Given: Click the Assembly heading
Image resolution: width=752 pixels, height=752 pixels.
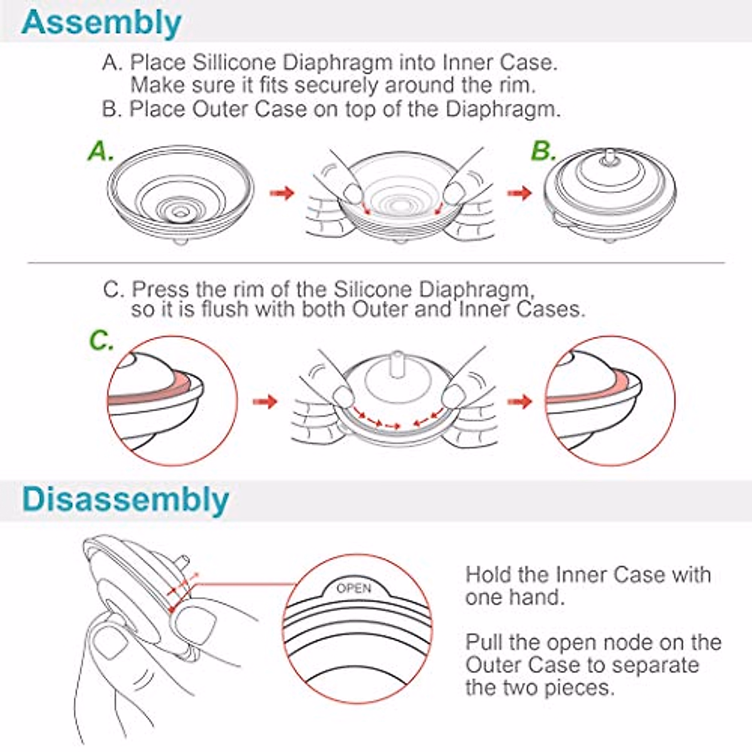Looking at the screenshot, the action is (x=101, y=23).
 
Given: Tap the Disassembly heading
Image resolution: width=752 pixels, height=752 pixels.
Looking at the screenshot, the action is (x=125, y=500).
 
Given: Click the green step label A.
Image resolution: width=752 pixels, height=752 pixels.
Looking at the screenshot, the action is (x=100, y=151).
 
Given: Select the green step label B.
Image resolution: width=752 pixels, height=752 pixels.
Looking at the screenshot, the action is (x=543, y=151).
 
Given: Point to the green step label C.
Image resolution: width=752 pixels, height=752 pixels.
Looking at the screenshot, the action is (x=101, y=341).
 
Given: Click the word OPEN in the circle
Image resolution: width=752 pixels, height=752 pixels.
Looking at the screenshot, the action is (x=354, y=588).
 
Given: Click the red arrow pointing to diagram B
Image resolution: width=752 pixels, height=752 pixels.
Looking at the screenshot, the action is (x=520, y=192).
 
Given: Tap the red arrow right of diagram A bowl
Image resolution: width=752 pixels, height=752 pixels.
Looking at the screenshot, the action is (x=282, y=192).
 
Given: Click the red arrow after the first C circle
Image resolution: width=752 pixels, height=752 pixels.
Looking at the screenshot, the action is (x=265, y=401).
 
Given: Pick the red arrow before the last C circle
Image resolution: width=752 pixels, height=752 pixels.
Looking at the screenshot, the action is (x=520, y=401).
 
